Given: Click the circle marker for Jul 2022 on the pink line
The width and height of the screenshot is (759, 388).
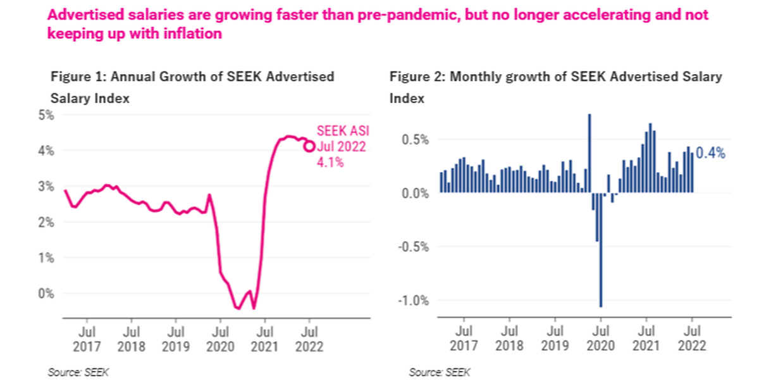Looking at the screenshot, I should click(309, 146).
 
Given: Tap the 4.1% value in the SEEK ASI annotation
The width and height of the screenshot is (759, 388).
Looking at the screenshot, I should click(330, 163).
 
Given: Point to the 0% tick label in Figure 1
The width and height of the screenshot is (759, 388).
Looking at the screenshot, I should click(46, 293).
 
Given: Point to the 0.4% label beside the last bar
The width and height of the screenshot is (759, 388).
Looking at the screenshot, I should click(710, 153).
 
